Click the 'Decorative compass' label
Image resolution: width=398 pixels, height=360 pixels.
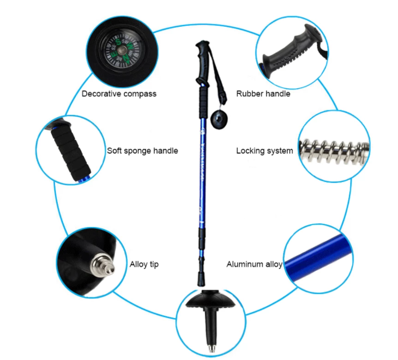pyautogui.click(x=119, y=94)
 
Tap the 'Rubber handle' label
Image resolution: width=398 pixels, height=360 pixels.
pyautogui.click(x=263, y=94)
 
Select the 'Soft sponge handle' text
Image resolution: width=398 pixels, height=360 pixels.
pyautogui.click(x=142, y=150)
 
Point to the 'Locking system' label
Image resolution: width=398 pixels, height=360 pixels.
pyautogui.click(x=264, y=151)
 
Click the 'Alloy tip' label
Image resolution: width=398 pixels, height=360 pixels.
pyautogui.click(x=144, y=265)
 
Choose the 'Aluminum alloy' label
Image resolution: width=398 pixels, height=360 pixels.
pyautogui.click(x=254, y=265)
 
